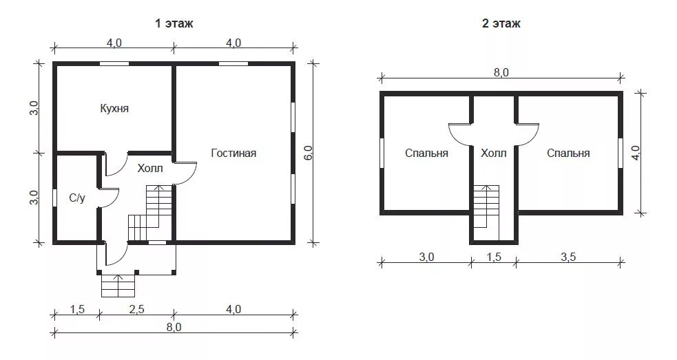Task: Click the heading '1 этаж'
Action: click(174, 23)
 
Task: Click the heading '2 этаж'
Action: click(501, 23)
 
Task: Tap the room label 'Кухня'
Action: click(114, 108)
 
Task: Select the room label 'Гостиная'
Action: click(233, 153)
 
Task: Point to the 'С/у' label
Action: click(77, 198)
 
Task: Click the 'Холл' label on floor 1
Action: click(150, 169)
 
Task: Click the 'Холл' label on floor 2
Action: click(494, 153)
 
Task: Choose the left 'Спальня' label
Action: click(426, 153)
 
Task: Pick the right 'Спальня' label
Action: click(568, 153)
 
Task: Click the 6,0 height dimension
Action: click(309, 153)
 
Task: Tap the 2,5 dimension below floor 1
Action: click(136, 309)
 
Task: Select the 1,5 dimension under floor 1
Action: click(77, 309)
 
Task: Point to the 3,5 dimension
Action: click(568, 257)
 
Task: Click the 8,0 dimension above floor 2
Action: click(501, 72)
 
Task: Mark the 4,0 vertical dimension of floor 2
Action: click(636, 152)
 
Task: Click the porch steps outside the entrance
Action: click(118, 286)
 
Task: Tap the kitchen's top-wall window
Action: click(114, 63)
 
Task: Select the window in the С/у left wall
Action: click(55, 198)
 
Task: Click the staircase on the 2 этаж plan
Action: click(487, 212)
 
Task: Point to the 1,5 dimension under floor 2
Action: click(494, 257)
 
